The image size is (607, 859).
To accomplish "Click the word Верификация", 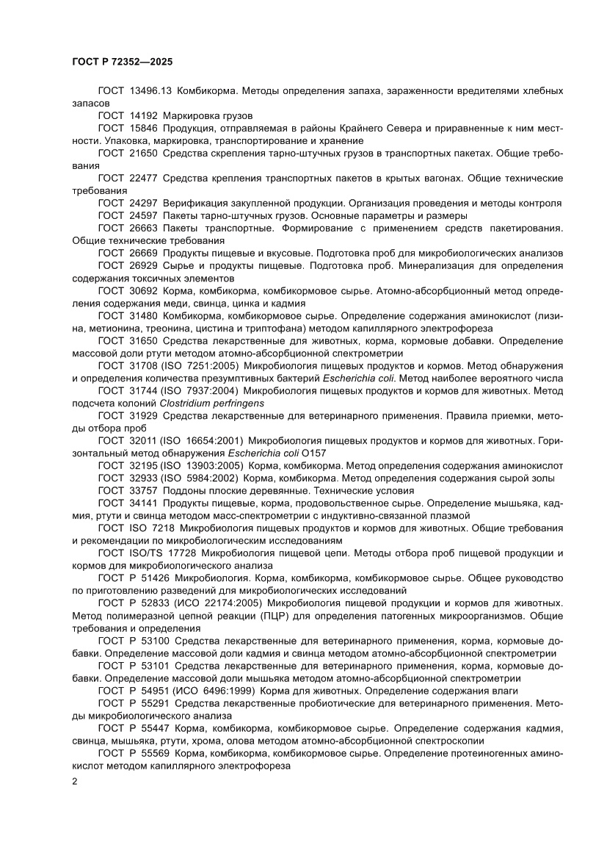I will tap(194, 204).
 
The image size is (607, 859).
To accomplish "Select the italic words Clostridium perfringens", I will tap(211, 403).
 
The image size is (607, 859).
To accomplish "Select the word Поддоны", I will tap(183, 491).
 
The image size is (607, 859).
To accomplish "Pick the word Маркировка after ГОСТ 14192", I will tap(193, 116).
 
